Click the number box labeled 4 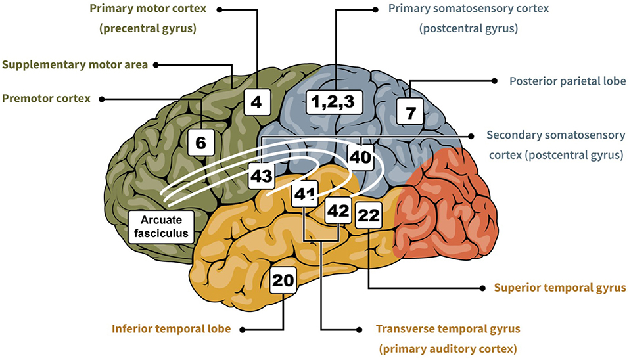coord(256,102)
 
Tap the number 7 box coord(411,112)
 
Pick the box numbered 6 coord(201,141)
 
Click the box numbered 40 coord(360,156)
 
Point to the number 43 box coord(262,177)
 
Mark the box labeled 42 coord(338,211)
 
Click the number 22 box coord(368,215)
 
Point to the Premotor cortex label coord(45,99)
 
